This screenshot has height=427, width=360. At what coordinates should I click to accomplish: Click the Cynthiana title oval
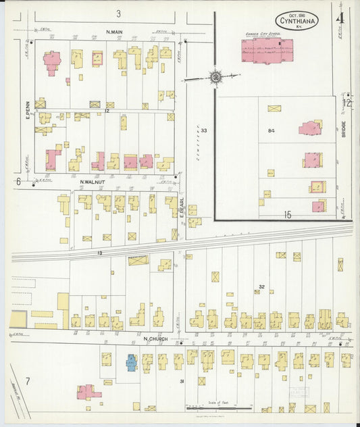pyautogui.click(x=297, y=20)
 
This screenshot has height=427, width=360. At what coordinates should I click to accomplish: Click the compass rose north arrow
pyautogui.click(x=215, y=77)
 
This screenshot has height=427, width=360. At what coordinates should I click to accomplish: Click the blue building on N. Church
pyautogui.click(x=130, y=363)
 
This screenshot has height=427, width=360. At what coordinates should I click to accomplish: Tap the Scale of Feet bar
pyautogui.click(x=217, y=408)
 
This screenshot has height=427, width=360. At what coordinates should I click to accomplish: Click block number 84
pyautogui.click(x=272, y=130)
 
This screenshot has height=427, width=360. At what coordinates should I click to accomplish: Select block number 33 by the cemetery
pyautogui.click(x=203, y=130)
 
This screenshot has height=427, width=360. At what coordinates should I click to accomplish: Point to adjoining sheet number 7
pyautogui.click(x=28, y=382)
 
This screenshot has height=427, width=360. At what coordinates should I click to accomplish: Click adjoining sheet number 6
pyautogui.click(x=18, y=181)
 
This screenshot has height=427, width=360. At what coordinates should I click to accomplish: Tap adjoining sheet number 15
pyautogui.click(x=287, y=215)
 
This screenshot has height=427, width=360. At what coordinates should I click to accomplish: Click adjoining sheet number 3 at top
pyautogui.click(x=118, y=14)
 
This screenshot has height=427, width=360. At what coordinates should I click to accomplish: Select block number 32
pyautogui.click(x=261, y=286)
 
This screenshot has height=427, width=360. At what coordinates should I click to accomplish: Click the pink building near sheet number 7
pyautogui.click(x=88, y=392)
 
